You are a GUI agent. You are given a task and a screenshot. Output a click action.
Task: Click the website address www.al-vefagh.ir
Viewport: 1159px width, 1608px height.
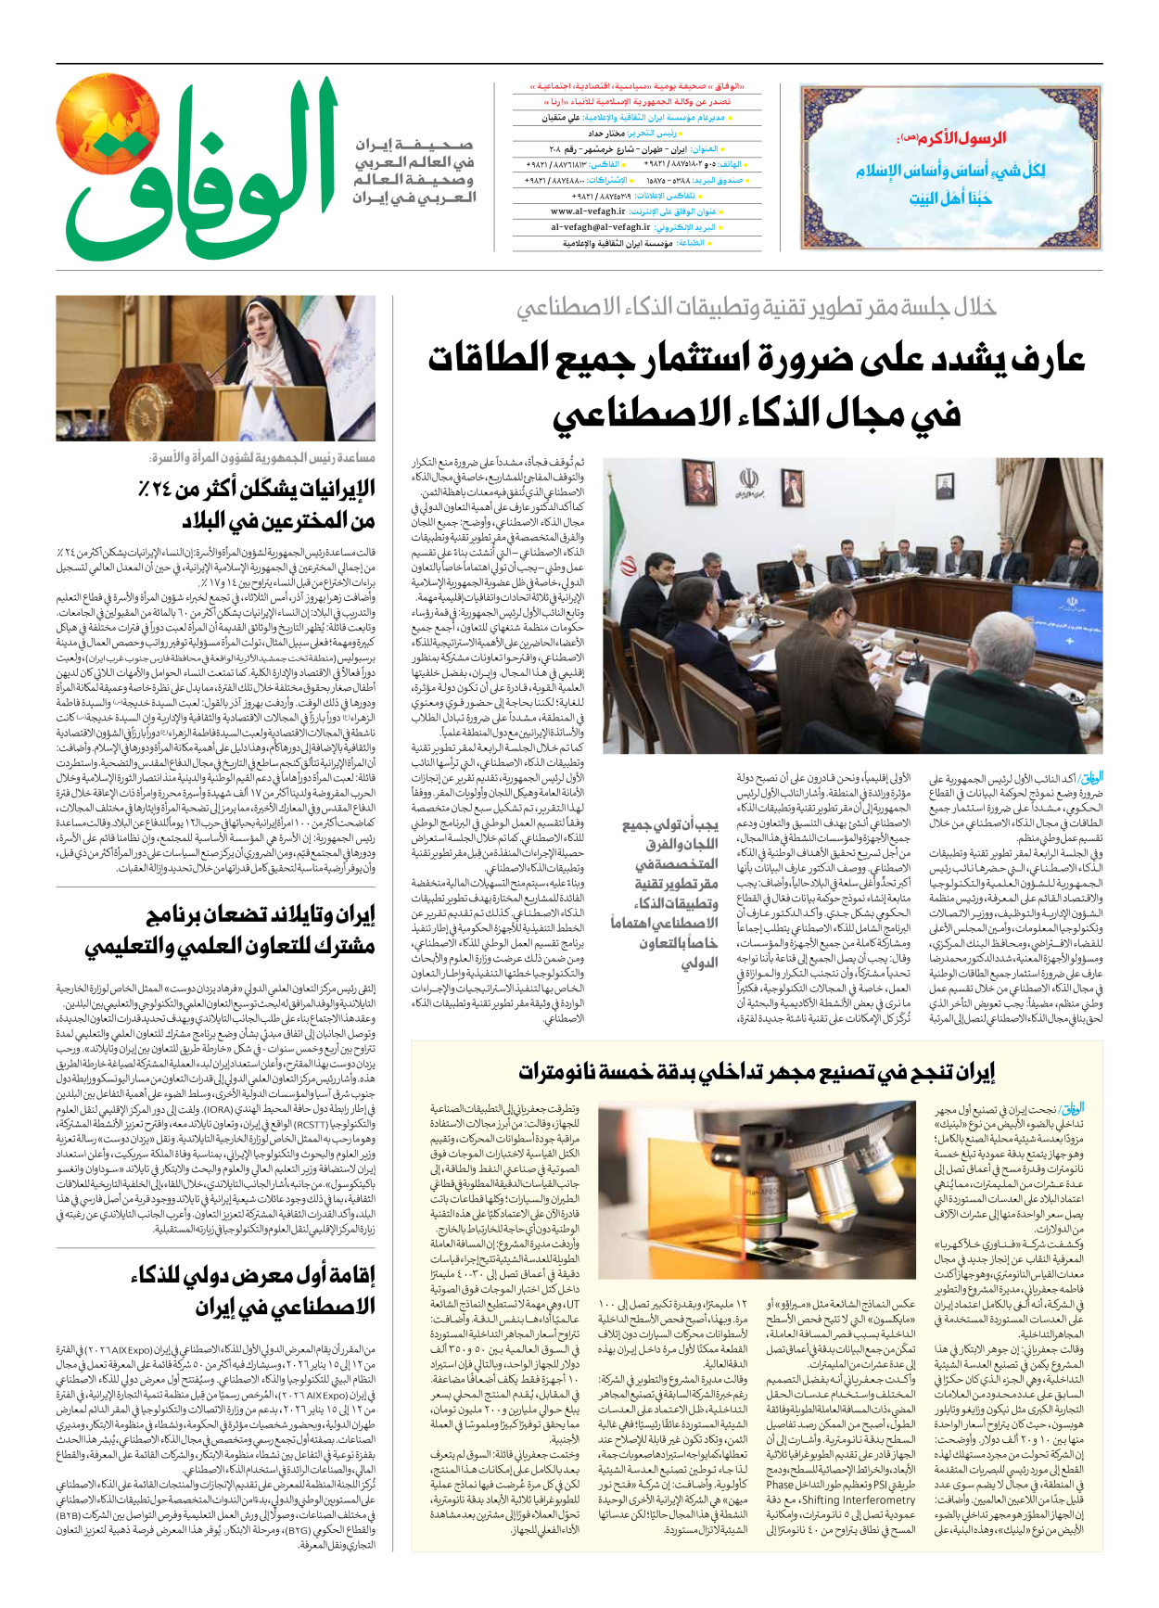[x=581, y=211]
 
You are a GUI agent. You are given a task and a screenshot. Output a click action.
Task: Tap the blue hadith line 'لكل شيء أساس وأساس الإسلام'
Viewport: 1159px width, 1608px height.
[x=950, y=171]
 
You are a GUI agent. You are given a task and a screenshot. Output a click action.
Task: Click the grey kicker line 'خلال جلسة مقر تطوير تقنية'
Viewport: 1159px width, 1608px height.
[x=756, y=308]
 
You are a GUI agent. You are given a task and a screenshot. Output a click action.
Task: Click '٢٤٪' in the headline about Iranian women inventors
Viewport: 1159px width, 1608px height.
[x=172, y=488]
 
